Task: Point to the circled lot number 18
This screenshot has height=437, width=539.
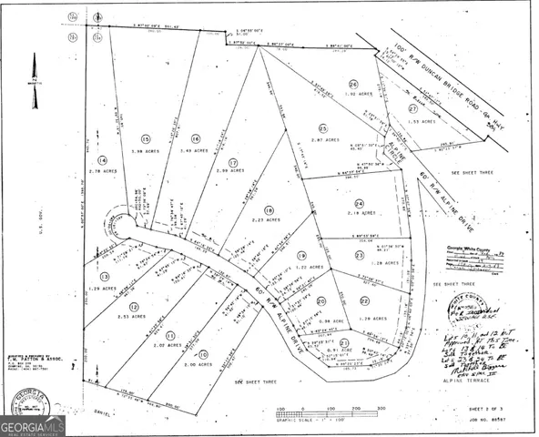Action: (x=269, y=209)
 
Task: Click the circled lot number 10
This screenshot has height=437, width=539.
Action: (x=203, y=353)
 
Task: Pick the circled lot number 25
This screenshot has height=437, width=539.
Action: (x=322, y=128)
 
